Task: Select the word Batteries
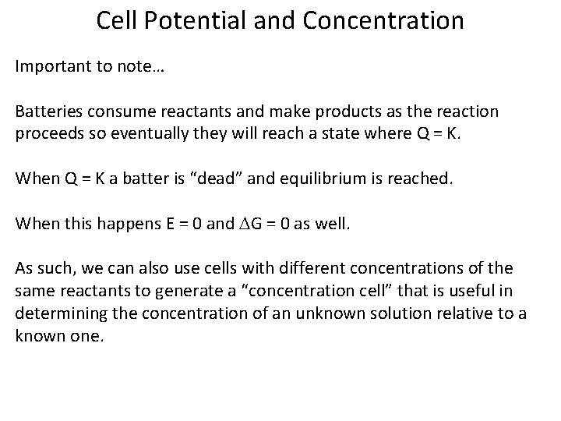click(47, 111)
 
